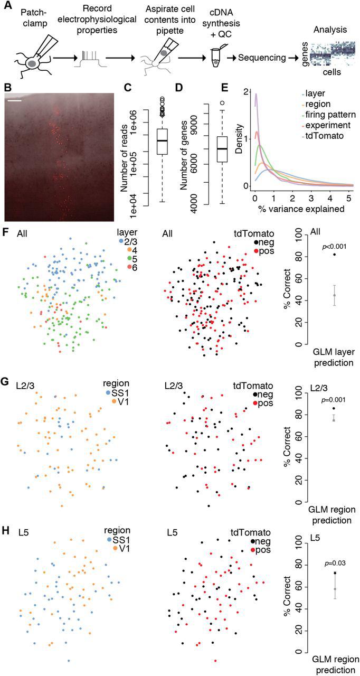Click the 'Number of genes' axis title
click(x=185, y=156)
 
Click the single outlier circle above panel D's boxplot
click(x=222, y=103)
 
